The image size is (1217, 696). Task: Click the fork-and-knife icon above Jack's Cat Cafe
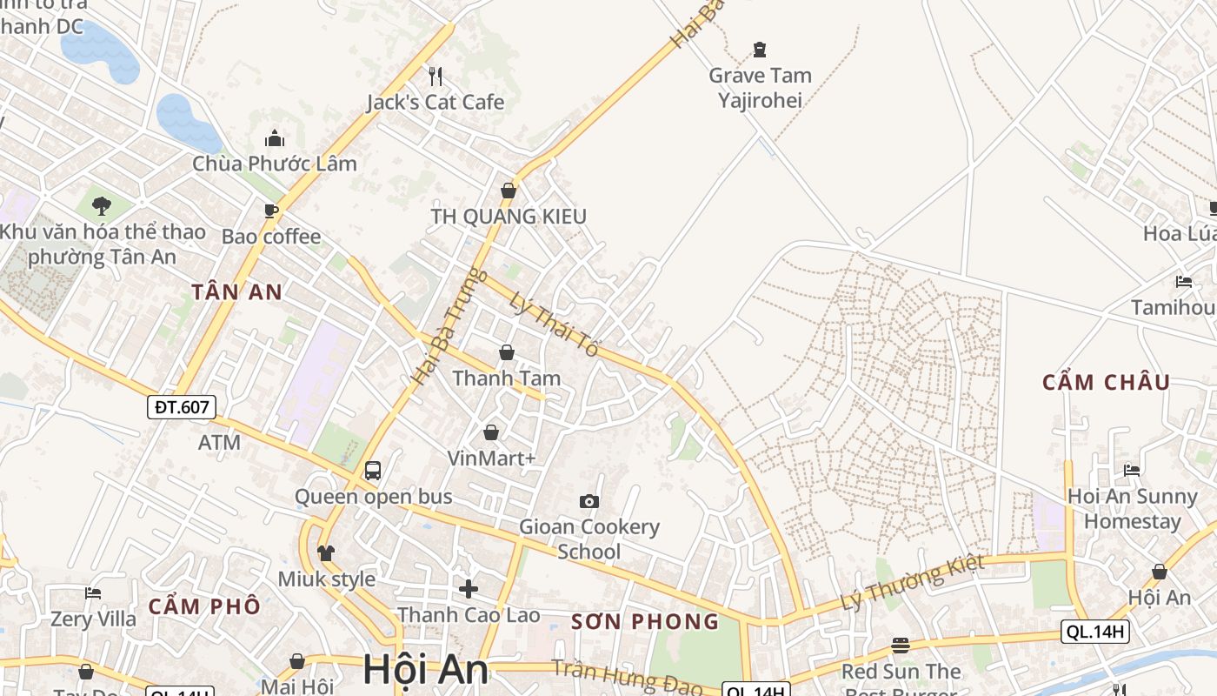(436, 77)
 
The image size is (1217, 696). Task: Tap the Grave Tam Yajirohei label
(760, 87)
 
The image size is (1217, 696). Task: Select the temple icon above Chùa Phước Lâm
(275, 138)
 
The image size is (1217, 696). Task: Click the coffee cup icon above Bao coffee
(271, 211)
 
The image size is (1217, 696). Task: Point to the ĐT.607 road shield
(181, 406)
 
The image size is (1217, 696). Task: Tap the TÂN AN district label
(236, 292)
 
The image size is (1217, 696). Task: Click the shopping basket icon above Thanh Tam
(507, 353)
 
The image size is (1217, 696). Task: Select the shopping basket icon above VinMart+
(491, 432)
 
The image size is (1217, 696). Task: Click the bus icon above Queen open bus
(373, 471)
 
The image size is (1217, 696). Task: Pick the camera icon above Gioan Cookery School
(589, 501)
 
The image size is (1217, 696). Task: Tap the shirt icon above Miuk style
(326, 553)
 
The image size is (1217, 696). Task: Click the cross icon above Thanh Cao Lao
(469, 589)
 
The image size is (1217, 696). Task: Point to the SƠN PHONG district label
(645, 622)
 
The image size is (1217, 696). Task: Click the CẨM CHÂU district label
(1106, 382)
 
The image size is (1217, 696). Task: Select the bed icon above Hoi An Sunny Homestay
(1132, 471)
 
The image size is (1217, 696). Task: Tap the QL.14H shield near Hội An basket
(1094, 632)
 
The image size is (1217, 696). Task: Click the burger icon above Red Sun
(901, 646)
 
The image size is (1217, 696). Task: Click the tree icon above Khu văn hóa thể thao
(102, 206)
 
